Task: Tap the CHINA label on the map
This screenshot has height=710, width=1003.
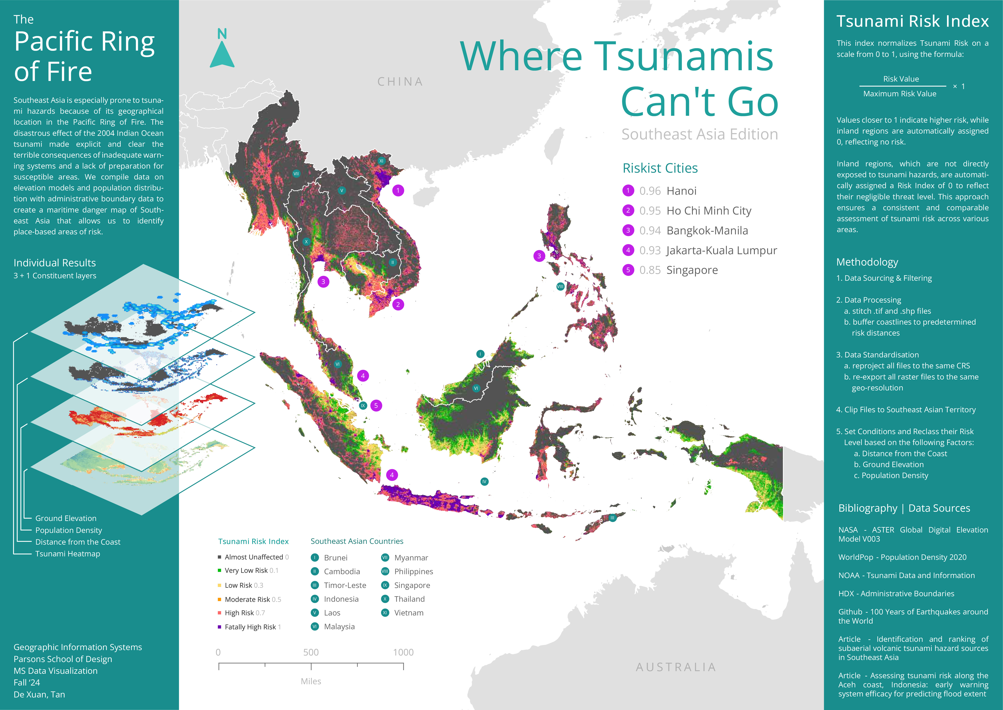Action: (400, 82)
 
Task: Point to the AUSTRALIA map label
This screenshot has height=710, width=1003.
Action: (676, 667)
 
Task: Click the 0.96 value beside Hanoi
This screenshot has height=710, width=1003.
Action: (650, 191)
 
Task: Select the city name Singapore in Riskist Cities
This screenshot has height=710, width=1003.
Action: (692, 270)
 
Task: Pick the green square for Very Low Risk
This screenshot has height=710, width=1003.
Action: (219, 570)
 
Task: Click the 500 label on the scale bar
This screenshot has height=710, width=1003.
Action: (311, 652)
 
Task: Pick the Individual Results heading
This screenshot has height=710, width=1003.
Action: (55, 263)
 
